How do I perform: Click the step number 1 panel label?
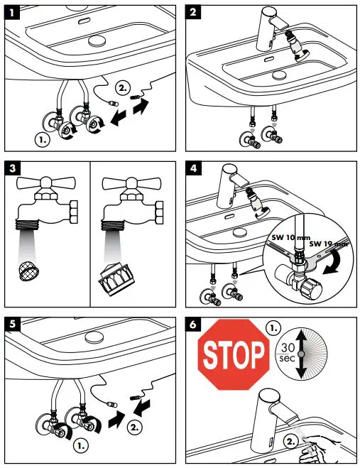pyautogui.click(x=11, y=13)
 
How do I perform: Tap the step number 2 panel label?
pyautogui.click(x=192, y=13)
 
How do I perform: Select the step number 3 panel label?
pyautogui.click(x=12, y=168)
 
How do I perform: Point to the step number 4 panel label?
pyautogui.click(x=193, y=168)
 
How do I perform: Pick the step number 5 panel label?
pyautogui.click(x=12, y=324)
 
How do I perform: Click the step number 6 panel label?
pyautogui.click(x=193, y=324)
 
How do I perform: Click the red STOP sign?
pyautogui.click(x=234, y=354)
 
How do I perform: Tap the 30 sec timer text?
pyautogui.click(x=288, y=353)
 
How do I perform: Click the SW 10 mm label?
pyautogui.click(x=287, y=238)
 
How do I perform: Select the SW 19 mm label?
pyautogui.click(x=328, y=244)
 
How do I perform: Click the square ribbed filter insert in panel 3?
pyautogui.click(x=112, y=279)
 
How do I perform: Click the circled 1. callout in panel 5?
pyautogui.click(x=81, y=446)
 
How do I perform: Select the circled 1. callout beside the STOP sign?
pyautogui.click(x=273, y=328)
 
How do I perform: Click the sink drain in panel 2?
pyautogui.click(x=279, y=75)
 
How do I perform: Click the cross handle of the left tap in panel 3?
pyautogui.click(x=46, y=183)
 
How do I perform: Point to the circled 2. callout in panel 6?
pyautogui.click(x=290, y=441)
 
